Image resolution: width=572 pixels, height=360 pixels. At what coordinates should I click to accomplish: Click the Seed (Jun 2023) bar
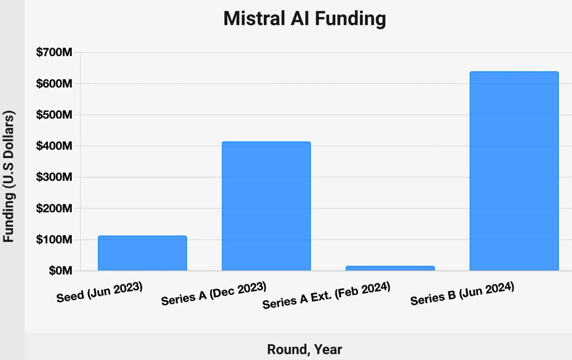pyautogui.click(x=142, y=253)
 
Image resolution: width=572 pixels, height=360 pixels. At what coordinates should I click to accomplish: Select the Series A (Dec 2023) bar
pyautogui.click(x=266, y=206)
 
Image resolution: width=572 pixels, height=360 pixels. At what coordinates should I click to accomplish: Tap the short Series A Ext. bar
pyautogui.click(x=390, y=268)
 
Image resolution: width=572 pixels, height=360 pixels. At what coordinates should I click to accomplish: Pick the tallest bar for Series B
pyautogui.click(x=514, y=171)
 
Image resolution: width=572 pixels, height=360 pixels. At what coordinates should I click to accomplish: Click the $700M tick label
pyautogui.click(x=54, y=52)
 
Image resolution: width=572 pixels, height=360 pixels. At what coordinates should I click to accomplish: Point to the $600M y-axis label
pyautogui.click(x=54, y=84)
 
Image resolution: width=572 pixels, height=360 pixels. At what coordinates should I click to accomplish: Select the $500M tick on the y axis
pyautogui.click(x=54, y=115)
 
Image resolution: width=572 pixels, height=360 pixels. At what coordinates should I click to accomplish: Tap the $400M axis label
pyautogui.click(x=54, y=146)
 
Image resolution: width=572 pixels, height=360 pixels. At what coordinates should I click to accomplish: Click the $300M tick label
pyautogui.click(x=54, y=177)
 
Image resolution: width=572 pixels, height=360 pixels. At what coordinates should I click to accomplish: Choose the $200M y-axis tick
pyautogui.click(x=54, y=209)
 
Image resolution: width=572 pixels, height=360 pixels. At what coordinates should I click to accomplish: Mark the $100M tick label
pyautogui.click(x=54, y=240)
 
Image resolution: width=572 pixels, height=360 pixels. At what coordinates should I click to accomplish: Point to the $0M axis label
pyautogui.click(x=60, y=271)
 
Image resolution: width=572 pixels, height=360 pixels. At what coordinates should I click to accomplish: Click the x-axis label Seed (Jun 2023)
pyautogui.click(x=99, y=292)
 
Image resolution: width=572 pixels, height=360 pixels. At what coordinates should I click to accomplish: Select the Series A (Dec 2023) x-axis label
pyautogui.click(x=214, y=294)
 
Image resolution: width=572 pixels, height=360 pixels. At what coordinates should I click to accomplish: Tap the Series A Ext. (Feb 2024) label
pyautogui.click(x=326, y=296)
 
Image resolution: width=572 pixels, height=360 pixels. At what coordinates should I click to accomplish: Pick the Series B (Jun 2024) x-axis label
pyautogui.click(x=462, y=294)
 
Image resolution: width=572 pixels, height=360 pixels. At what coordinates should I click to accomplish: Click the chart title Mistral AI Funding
pyautogui.click(x=305, y=19)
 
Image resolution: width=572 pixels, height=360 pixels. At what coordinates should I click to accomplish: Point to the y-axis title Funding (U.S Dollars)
pyautogui.click(x=9, y=177)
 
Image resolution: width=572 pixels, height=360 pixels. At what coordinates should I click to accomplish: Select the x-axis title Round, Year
pyautogui.click(x=304, y=349)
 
